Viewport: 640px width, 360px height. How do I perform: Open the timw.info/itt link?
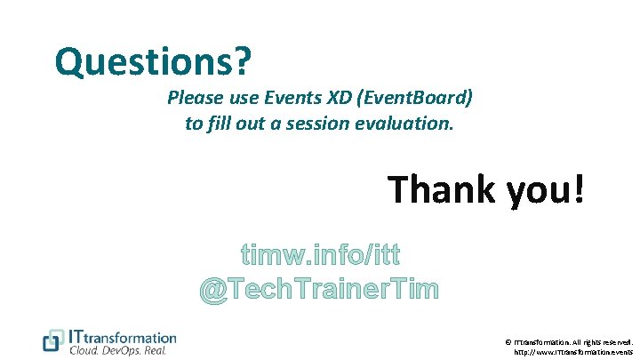pos(320,256)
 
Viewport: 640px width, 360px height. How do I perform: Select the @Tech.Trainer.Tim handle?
pos(320,289)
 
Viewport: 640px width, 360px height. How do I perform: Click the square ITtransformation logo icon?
pos(53,340)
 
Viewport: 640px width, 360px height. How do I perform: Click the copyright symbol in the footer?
pos(508,341)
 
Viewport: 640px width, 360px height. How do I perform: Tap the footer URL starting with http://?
pos(573,352)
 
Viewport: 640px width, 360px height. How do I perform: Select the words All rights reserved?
pos(604,341)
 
